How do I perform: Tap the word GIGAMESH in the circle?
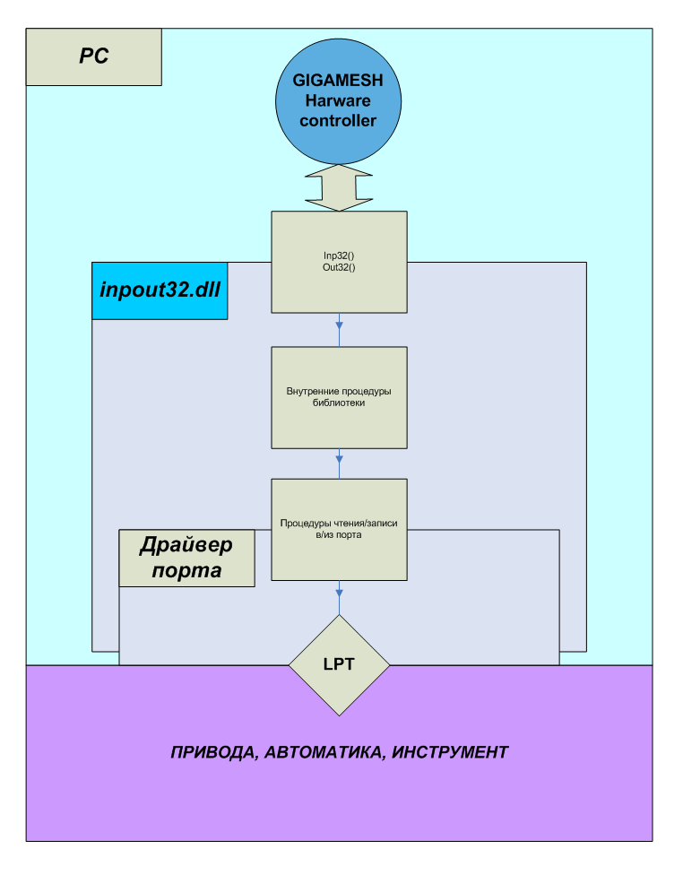pos(338,80)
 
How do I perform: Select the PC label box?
pos(93,56)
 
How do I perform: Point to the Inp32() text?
pos(339,256)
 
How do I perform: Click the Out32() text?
pos(339,268)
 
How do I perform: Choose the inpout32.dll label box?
pos(160,290)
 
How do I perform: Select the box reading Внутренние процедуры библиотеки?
pos(339,397)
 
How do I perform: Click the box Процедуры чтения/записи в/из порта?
pos(339,529)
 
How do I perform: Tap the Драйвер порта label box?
pos(186,557)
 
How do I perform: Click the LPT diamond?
pos(339,664)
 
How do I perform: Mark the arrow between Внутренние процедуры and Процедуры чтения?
pos(339,463)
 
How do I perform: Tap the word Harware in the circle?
pos(338,100)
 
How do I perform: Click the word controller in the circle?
pos(338,120)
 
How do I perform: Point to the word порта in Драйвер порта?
pos(186,569)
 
